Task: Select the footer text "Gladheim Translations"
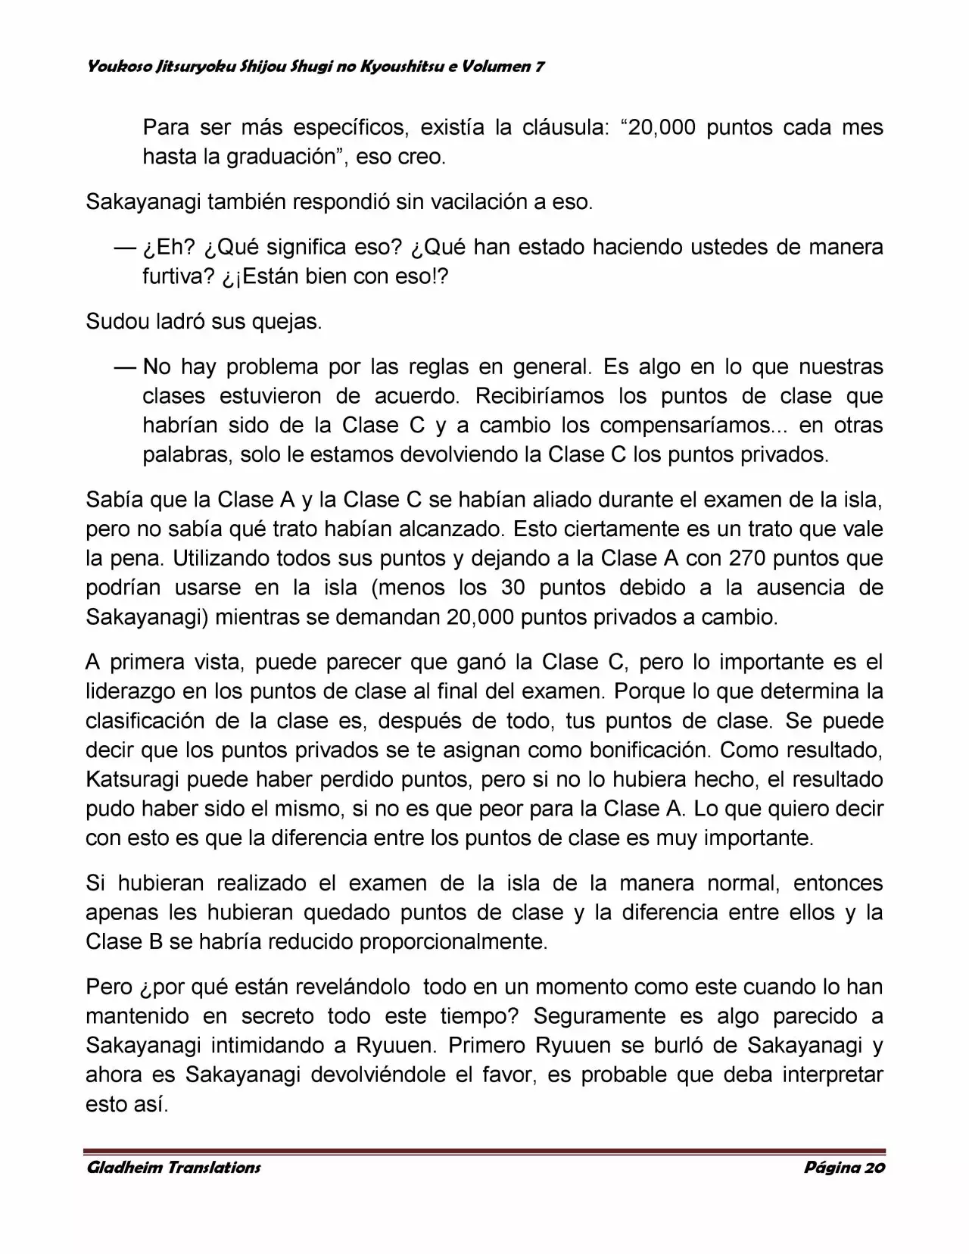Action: [x=174, y=1168]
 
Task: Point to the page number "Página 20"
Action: [x=844, y=1168]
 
